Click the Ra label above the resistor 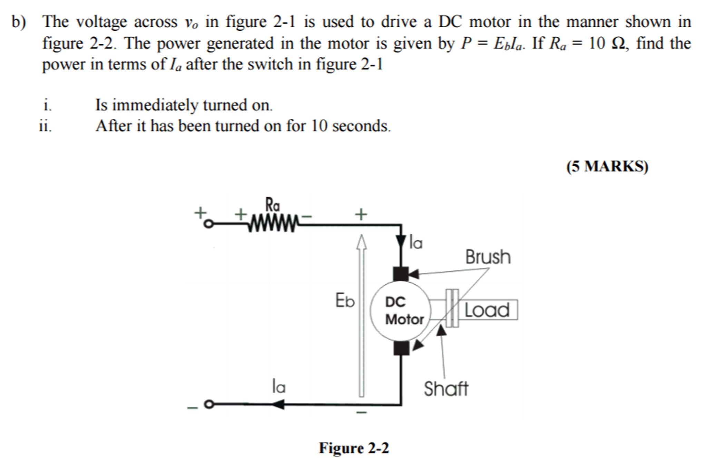pos(272,205)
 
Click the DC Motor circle pos(401,311)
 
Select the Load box pos(487,310)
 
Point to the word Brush pos(488,257)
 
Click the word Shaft pos(446,389)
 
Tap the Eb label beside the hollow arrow pos(345,300)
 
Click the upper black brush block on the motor pos(401,274)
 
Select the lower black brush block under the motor pos(401,348)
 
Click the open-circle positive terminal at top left pos(208,224)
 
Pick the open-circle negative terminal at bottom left pos(208,404)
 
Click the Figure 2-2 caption pos(354,448)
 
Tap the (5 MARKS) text pos(607,166)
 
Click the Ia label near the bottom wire pos(278,386)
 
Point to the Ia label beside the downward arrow pos(415,243)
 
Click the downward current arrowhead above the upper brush pos(401,241)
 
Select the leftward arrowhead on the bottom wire pos(279,404)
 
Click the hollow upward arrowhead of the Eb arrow pos(361,242)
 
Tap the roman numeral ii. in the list pos(45,126)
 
